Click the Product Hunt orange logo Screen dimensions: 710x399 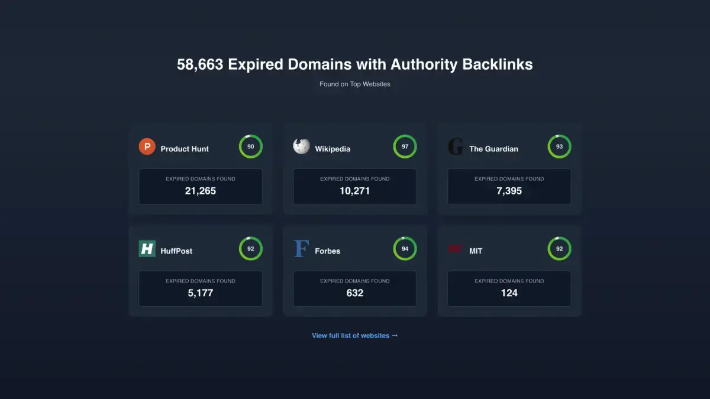point(147,147)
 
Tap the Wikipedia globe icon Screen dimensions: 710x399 point(301,147)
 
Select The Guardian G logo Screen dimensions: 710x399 point(456,147)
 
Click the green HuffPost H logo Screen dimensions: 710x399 point(147,249)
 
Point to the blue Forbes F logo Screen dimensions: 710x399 point(301,249)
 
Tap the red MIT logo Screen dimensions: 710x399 point(455,249)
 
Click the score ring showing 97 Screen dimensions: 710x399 point(405,135)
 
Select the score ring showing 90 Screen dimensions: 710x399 point(250,135)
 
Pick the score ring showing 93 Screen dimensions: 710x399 point(559,135)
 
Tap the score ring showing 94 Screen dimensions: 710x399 point(405,238)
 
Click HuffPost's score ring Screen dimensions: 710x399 point(250,238)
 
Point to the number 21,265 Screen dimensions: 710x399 point(201,191)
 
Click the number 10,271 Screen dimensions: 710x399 point(354,191)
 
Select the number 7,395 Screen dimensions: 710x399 point(509,191)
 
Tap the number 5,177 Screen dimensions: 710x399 point(201,293)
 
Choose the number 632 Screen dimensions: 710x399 point(354,293)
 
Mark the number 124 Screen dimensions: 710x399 point(509,293)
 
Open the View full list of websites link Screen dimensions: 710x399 point(354,336)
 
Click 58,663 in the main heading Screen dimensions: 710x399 point(200,64)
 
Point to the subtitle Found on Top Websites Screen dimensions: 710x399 point(354,84)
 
